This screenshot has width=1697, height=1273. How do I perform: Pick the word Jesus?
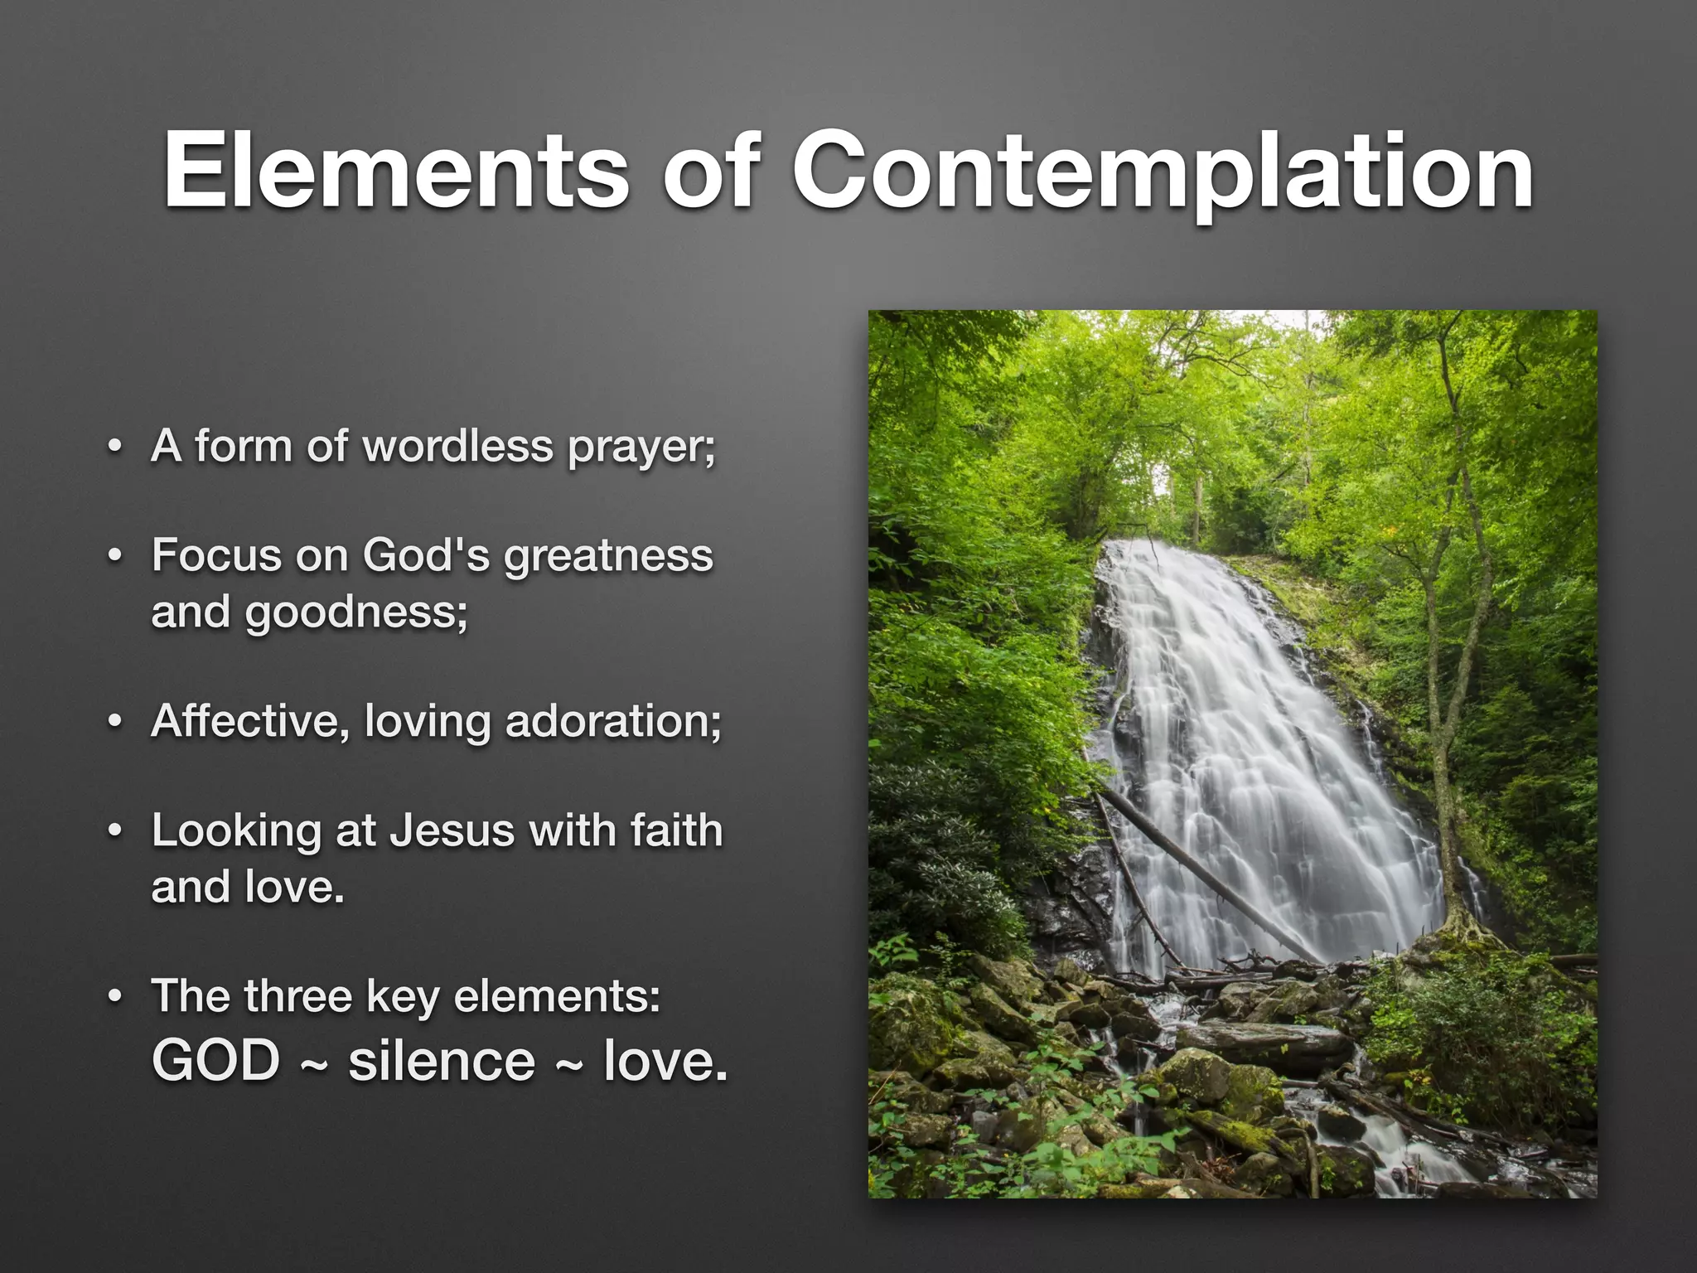tap(452, 830)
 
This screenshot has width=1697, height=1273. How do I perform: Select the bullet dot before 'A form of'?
tap(115, 448)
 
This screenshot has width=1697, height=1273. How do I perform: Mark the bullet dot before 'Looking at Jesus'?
tap(115, 831)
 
